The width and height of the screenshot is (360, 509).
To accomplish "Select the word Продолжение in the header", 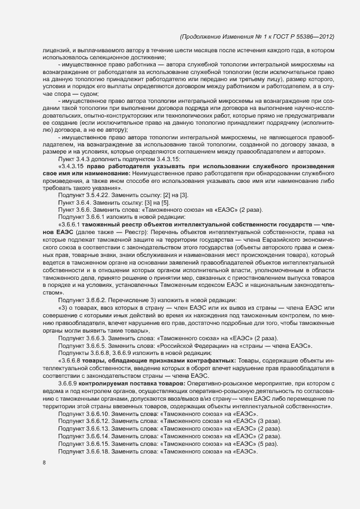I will click(x=202, y=36).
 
